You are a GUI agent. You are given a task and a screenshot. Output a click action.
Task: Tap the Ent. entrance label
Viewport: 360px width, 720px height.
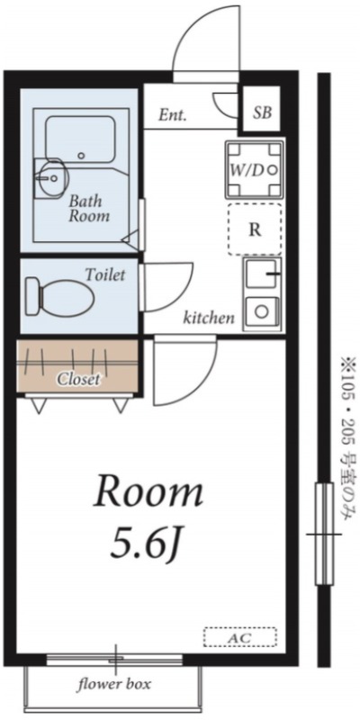click(x=173, y=115)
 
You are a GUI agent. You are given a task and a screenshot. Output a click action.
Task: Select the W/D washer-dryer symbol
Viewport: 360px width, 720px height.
click(x=255, y=169)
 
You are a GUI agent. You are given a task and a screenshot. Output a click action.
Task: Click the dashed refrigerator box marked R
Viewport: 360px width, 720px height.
click(x=255, y=229)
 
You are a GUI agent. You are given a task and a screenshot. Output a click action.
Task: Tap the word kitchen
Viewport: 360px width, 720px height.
click(x=210, y=317)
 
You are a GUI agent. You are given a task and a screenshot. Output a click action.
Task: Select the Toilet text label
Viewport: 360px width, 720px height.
click(x=105, y=275)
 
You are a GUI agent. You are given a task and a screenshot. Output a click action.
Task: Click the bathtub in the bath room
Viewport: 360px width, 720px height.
click(x=80, y=139)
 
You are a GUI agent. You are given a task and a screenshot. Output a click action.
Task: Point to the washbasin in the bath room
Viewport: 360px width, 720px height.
click(x=49, y=175)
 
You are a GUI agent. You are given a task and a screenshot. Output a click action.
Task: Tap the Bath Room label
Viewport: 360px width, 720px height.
click(x=89, y=208)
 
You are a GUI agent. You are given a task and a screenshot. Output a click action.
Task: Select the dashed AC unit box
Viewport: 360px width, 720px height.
click(x=240, y=637)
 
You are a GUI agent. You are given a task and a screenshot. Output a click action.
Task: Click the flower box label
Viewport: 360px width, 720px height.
click(x=114, y=685)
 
